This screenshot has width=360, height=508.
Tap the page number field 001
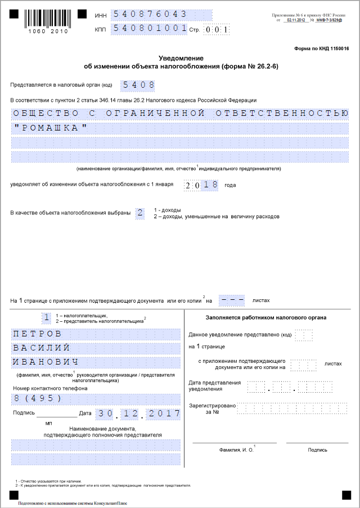216,29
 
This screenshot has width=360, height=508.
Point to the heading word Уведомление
181,58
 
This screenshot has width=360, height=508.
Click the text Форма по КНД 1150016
321,49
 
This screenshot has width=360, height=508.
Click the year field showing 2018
201,185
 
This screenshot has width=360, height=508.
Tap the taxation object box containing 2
140,213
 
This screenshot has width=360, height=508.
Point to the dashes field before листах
232,300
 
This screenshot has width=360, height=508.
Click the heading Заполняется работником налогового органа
266,318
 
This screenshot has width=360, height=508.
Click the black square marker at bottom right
346,494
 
